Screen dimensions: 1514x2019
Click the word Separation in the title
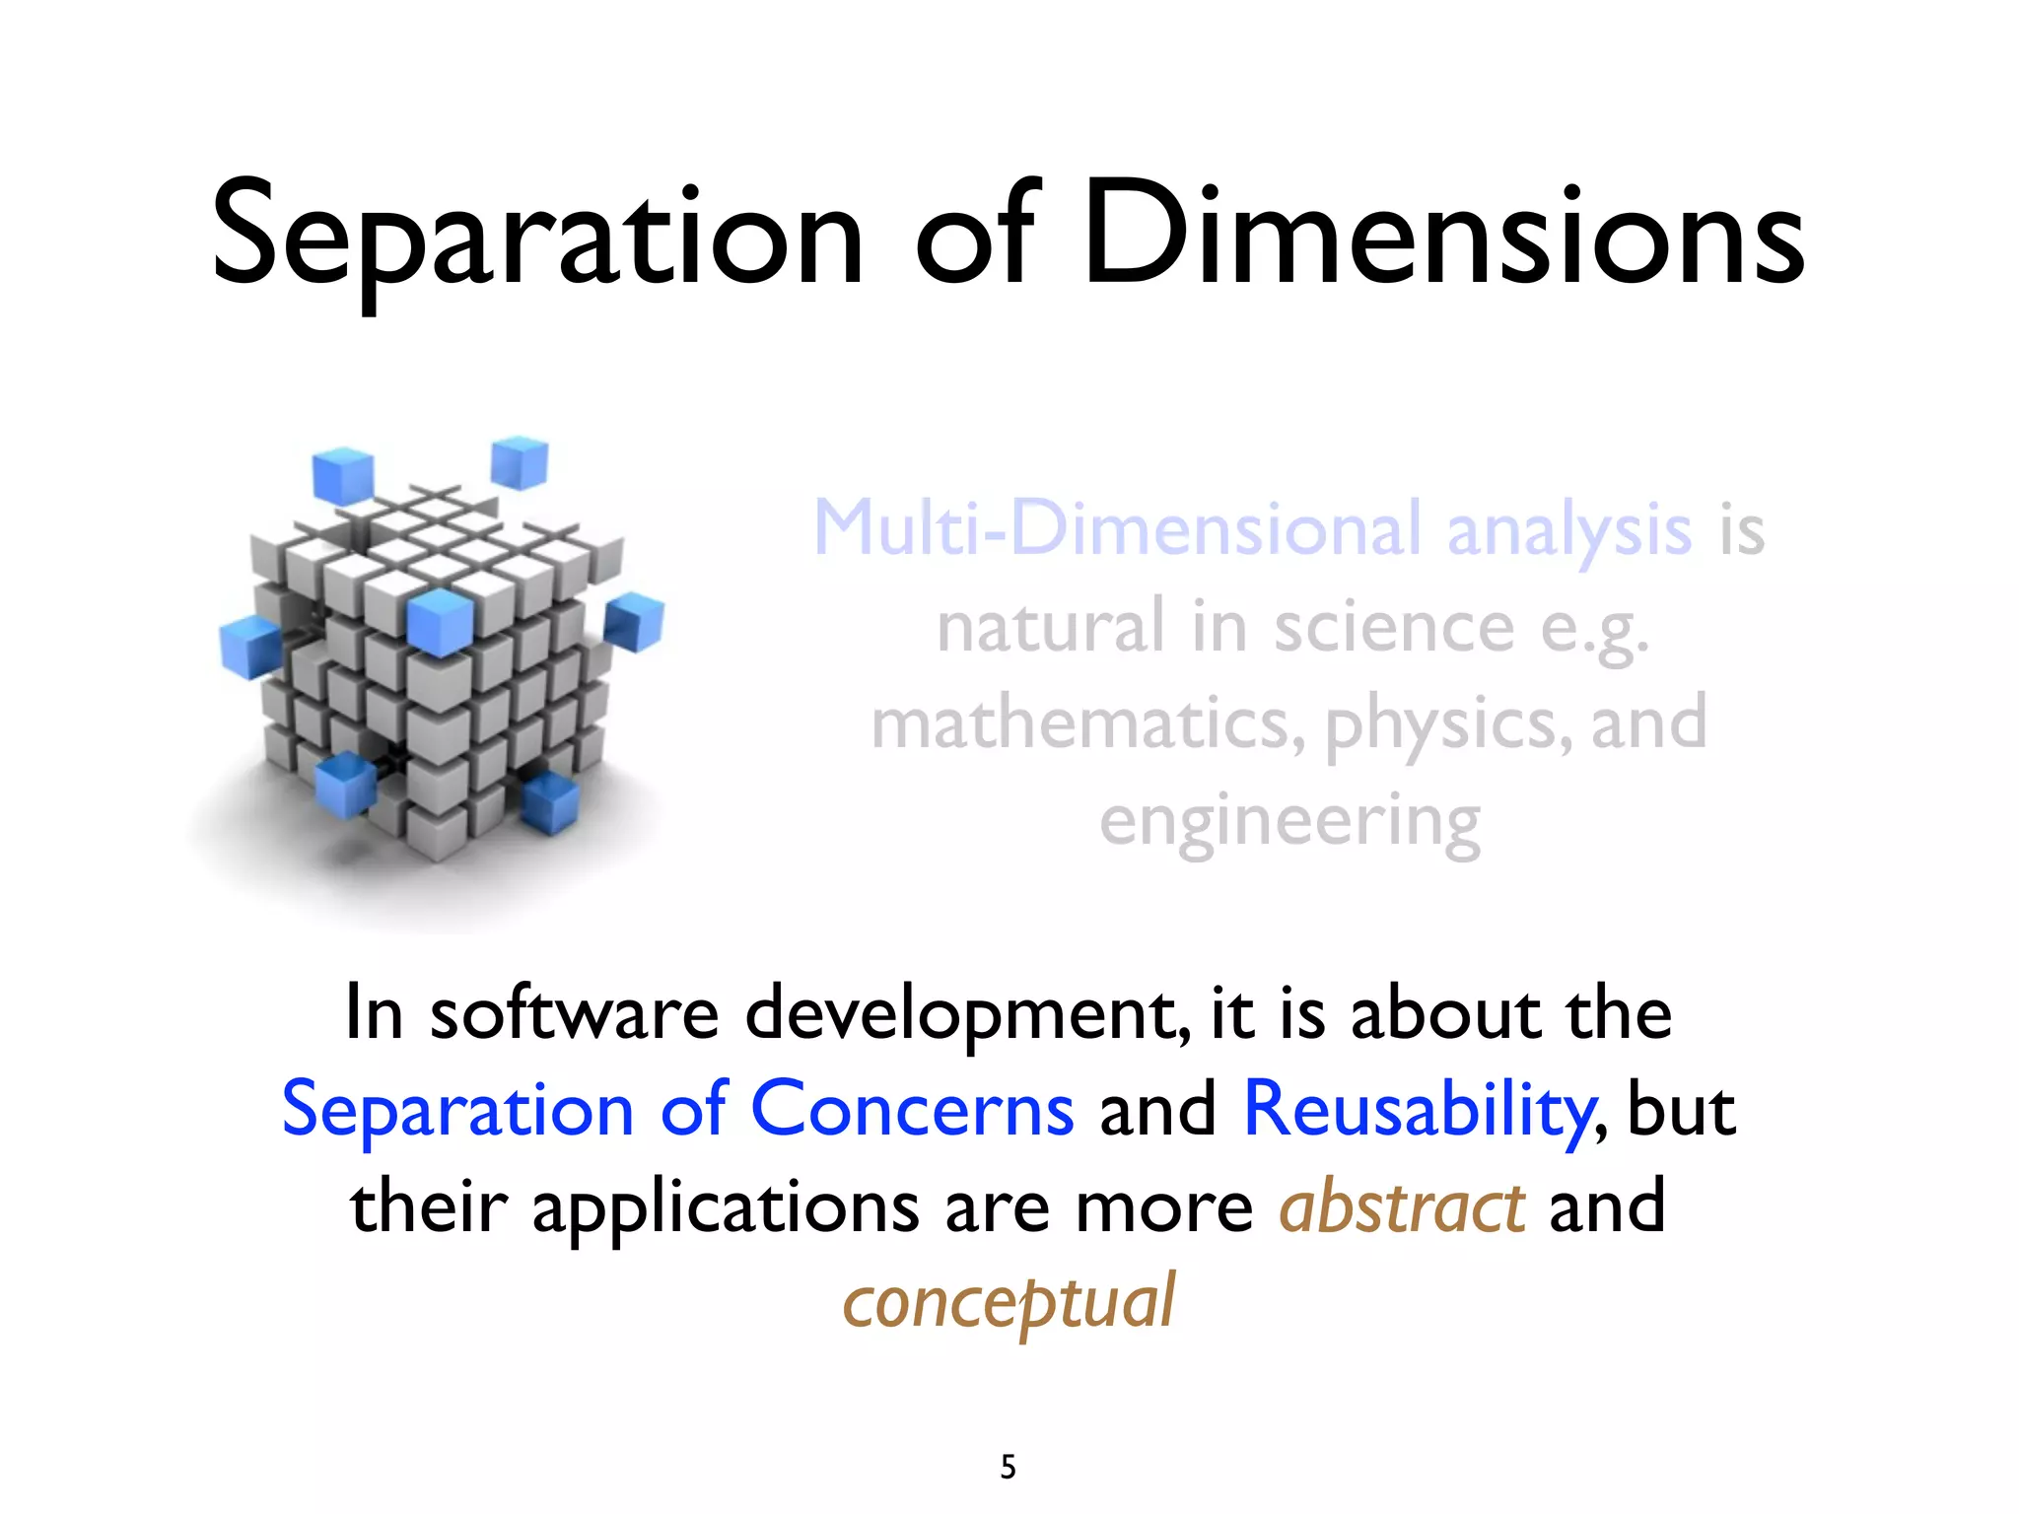click(537, 237)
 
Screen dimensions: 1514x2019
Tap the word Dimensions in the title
click(1443, 237)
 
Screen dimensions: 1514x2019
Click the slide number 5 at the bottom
click(1008, 1467)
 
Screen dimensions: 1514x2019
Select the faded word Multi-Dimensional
click(1118, 529)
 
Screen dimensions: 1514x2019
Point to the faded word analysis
click(1568, 529)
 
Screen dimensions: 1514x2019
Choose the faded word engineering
click(1289, 821)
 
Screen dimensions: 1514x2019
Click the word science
click(1394, 628)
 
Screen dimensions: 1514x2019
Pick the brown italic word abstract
click(1402, 1207)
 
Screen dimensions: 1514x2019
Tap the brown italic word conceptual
click(1009, 1303)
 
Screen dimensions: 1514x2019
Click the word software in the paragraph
click(574, 1014)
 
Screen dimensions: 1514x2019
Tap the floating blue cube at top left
click(342, 475)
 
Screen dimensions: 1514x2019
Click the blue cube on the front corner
click(440, 622)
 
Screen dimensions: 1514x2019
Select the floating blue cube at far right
click(634, 621)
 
